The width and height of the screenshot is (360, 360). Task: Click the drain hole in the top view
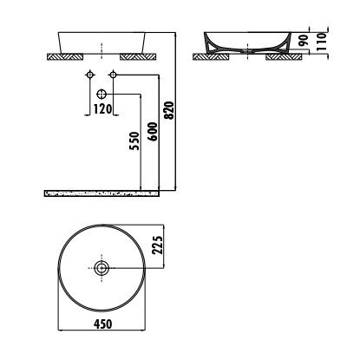pos(101,268)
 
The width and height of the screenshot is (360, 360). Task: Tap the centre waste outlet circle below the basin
pos(101,93)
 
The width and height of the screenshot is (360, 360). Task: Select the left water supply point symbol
pos(89,75)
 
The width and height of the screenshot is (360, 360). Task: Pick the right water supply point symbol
pos(114,75)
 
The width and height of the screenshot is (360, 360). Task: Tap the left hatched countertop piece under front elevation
pos(65,56)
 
